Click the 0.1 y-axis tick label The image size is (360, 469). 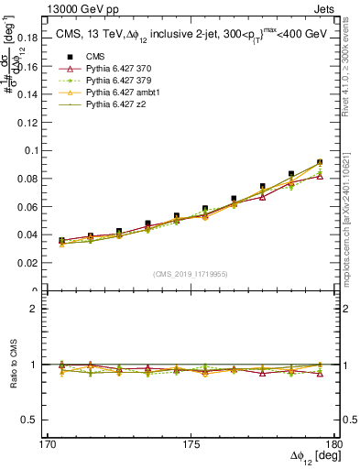(x=42, y=150)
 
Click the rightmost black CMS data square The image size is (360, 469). (x=320, y=162)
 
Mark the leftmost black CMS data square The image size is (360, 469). (x=61, y=240)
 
